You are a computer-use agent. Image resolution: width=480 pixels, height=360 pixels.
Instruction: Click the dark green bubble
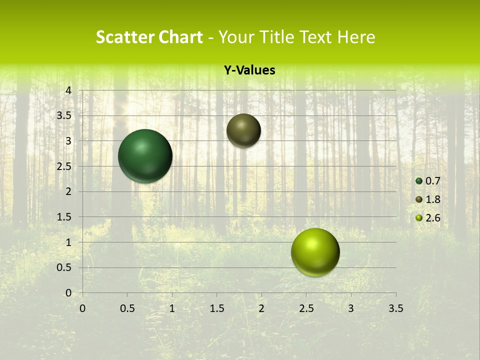click(145, 156)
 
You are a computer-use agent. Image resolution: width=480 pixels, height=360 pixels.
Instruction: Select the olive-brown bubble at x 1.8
click(243, 130)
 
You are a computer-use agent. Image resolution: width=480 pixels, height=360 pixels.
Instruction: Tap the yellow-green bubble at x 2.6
click(315, 252)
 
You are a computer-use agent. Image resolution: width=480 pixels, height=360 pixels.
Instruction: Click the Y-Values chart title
click(249, 70)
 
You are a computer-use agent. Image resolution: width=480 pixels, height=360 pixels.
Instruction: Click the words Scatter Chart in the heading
click(149, 37)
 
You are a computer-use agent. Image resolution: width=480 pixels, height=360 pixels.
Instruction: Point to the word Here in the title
click(355, 37)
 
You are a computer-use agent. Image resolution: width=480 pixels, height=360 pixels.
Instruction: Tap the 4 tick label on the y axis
click(69, 90)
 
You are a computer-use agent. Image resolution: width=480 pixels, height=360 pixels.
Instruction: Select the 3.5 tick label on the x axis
click(395, 308)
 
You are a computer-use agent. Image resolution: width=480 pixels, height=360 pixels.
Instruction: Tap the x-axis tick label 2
click(261, 308)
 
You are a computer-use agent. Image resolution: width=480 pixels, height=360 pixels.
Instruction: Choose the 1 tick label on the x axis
click(172, 308)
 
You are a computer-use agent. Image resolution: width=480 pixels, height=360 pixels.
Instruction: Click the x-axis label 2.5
click(306, 308)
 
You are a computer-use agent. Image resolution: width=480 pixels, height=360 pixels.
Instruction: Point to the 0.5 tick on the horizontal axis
click(127, 308)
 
